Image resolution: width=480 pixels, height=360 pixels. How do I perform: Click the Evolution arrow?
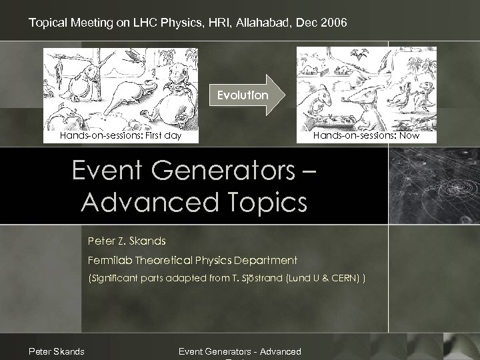coord(247,95)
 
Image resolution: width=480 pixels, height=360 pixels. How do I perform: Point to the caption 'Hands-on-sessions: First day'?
coord(120,136)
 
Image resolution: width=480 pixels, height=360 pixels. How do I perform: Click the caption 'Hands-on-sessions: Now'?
coord(367,136)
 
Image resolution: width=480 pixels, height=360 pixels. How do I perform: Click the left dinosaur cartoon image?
coord(121,87)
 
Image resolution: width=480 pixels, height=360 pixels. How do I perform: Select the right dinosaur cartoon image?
coord(366,87)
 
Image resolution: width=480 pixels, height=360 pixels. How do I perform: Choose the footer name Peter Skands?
coord(56,351)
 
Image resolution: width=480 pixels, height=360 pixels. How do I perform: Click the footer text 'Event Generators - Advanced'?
coord(240,351)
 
